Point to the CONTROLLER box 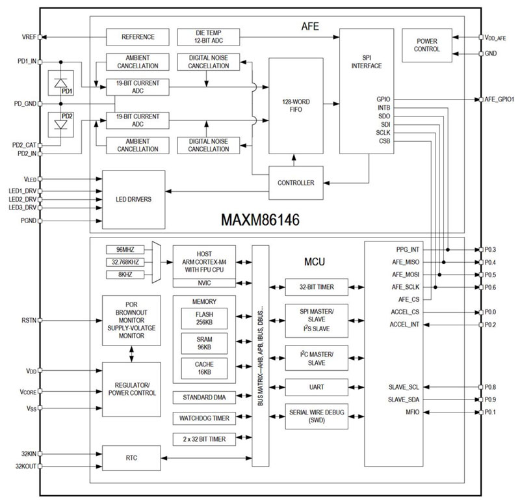(296, 183)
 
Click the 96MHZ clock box (124, 249)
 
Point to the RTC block (132, 459)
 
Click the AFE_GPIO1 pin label (499, 100)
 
